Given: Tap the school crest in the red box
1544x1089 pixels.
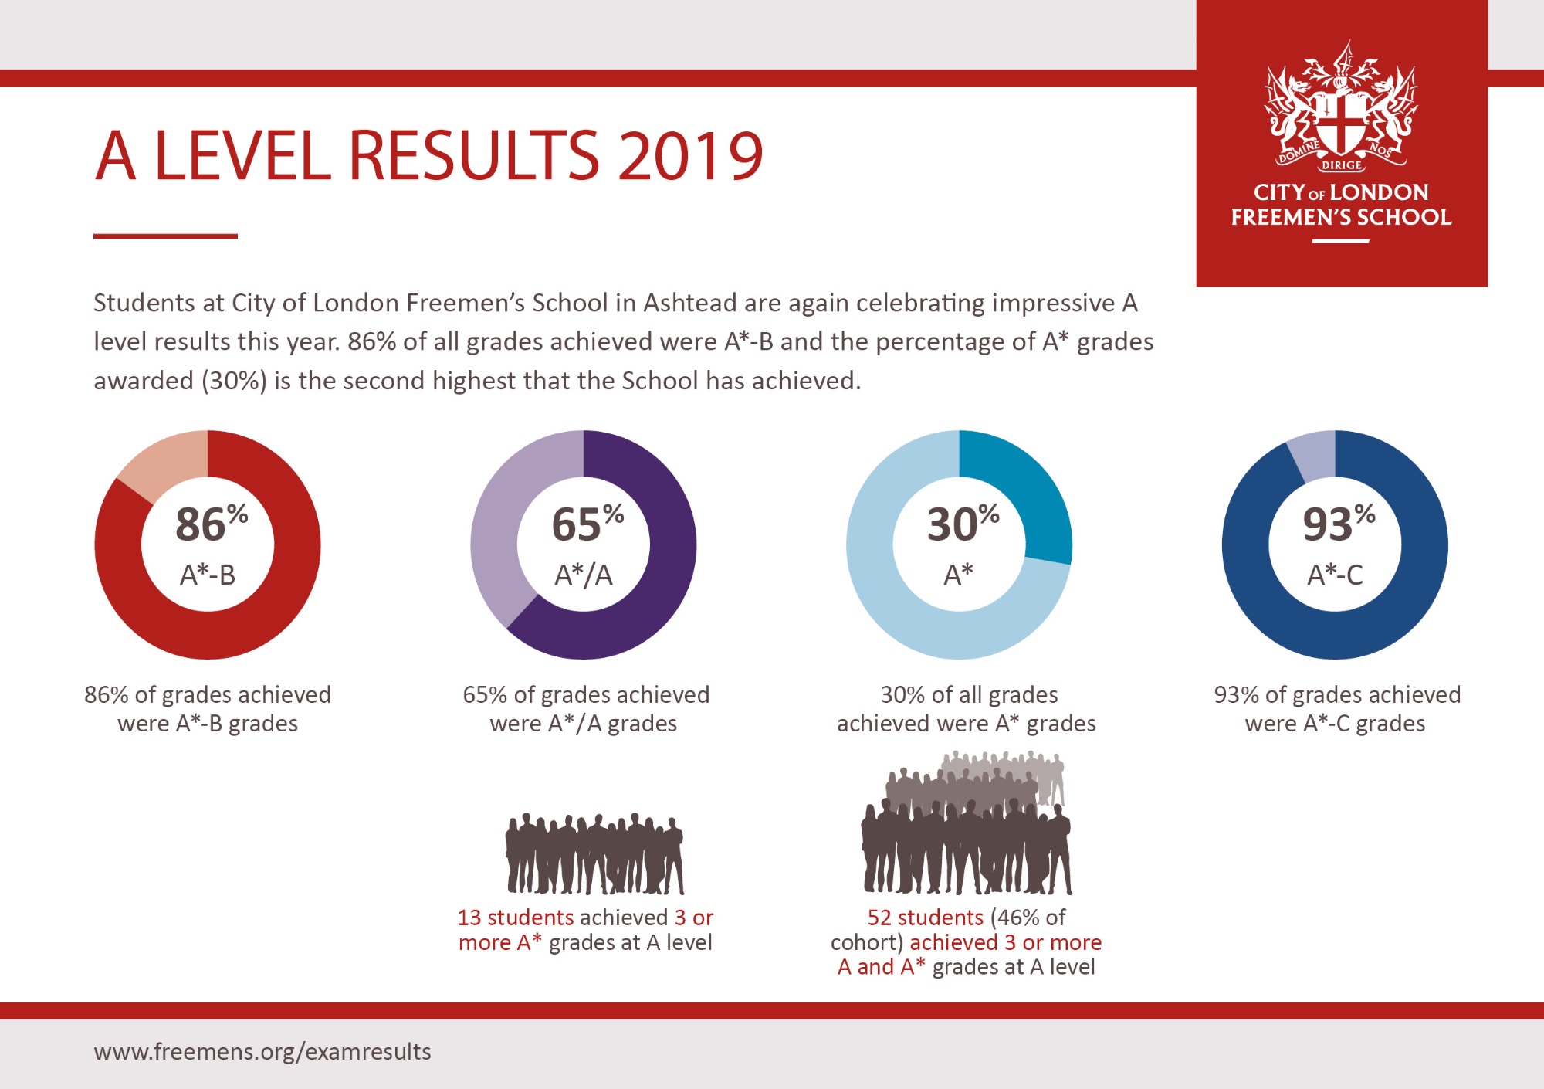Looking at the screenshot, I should click(x=1341, y=108).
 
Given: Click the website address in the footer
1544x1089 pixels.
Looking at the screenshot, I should click(x=262, y=1052).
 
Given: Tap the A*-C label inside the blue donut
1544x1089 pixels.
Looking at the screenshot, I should click(x=1335, y=575).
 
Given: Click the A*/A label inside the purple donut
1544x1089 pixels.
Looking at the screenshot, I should click(x=584, y=575).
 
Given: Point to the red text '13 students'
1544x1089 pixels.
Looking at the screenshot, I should click(x=515, y=918).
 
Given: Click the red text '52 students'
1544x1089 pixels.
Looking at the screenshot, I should click(x=925, y=918).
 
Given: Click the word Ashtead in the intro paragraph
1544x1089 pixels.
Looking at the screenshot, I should click(x=689, y=303).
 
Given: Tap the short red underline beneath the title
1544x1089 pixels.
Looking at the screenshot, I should click(x=165, y=236).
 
